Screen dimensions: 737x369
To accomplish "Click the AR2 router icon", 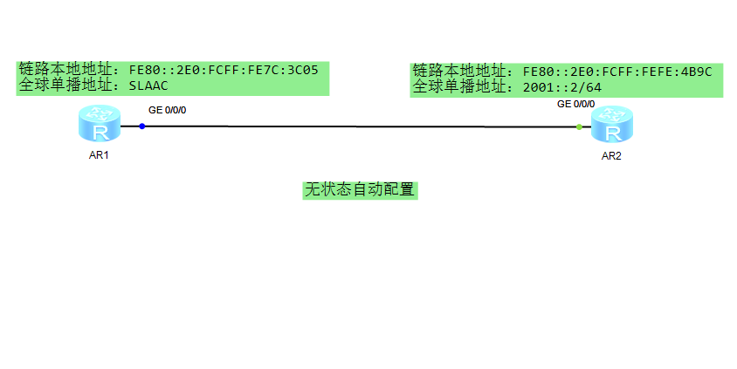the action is point(610,125).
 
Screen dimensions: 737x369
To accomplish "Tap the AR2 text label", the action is point(610,156).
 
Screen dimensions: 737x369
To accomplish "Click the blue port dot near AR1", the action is point(142,126).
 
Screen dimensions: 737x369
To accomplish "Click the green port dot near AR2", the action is point(579,126).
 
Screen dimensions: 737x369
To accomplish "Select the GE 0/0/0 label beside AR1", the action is point(168,110).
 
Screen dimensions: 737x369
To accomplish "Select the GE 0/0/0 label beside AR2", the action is point(576,105).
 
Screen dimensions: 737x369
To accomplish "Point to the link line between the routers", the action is point(358,126).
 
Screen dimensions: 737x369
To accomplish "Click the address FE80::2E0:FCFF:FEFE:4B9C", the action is point(617,72).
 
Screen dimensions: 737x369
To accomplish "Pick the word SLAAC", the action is point(148,85).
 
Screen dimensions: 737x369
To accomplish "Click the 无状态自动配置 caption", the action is point(359,189).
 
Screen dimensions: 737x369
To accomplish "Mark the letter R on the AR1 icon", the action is point(100,132).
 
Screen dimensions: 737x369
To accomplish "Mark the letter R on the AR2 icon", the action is point(613,133).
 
